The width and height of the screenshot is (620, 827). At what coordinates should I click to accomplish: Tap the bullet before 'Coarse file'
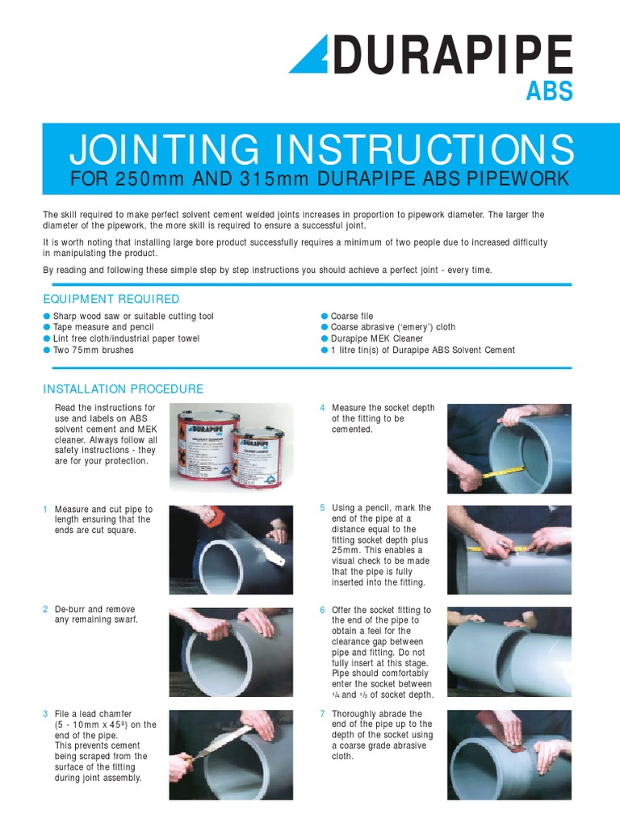[324, 317]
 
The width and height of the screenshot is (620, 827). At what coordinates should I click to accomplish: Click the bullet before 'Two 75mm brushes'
[47, 351]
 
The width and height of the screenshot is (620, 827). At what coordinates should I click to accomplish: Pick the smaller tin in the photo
[261, 456]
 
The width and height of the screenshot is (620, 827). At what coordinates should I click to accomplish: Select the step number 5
[322, 508]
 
